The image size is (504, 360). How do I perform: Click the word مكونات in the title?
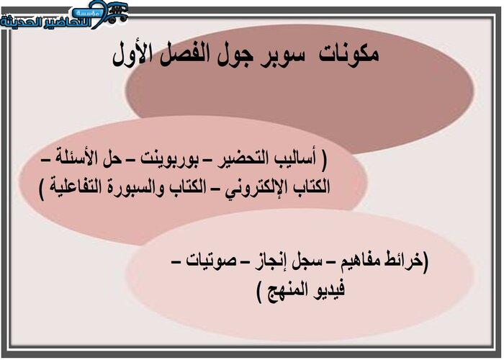(349, 54)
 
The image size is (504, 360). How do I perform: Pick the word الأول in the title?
(132, 54)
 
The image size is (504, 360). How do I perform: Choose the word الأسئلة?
(76, 159)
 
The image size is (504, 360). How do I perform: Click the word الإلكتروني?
(253, 187)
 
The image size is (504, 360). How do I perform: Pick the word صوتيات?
(211, 261)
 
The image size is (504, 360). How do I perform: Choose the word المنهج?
(283, 289)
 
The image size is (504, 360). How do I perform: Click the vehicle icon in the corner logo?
(117, 13)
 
